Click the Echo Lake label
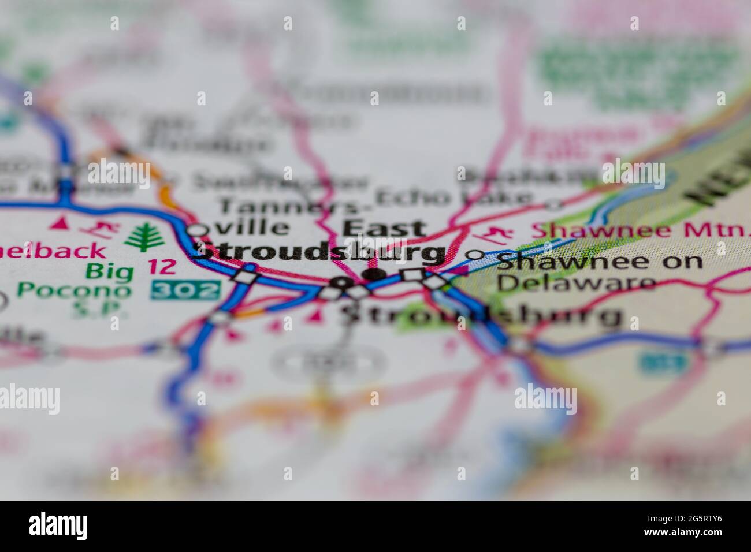pos(453,198)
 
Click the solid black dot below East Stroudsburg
pos(375,275)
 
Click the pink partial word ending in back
pos(55,251)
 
